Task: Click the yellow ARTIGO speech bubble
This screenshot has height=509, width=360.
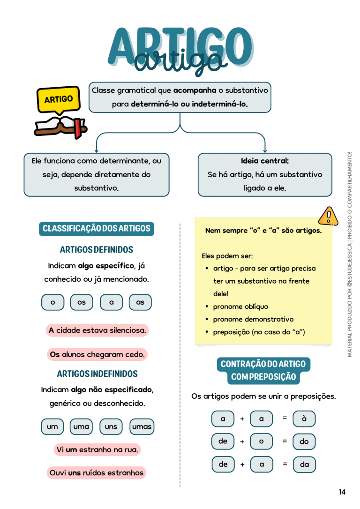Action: [59, 99]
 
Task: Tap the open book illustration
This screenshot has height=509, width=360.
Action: [60, 127]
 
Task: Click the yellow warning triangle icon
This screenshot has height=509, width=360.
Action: [328, 216]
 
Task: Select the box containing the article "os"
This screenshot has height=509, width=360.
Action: [82, 302]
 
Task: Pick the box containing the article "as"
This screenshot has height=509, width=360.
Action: [140, 302]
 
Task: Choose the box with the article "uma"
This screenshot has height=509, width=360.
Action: [81, 427]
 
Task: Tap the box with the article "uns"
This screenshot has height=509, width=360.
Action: [111, 427]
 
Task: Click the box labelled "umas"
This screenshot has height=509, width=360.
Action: [142, 427]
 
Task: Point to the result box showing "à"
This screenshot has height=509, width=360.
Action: [304, 419]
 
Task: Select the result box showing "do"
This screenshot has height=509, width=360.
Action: [304, 442]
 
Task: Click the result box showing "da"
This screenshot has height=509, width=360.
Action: [304, 464]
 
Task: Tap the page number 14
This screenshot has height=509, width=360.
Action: [342, 492]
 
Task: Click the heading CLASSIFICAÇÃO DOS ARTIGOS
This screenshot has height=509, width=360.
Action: [97, 229]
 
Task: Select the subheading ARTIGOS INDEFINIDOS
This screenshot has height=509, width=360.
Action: [97, 374]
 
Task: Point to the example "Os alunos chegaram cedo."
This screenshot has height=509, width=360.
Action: [97, 354]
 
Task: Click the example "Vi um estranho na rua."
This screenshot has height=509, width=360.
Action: [97, 449]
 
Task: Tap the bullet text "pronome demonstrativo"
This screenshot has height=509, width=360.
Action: [253, 320]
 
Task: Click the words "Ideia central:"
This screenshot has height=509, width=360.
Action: [265, 161]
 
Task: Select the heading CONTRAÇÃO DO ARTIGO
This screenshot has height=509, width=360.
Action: [263, 364]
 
